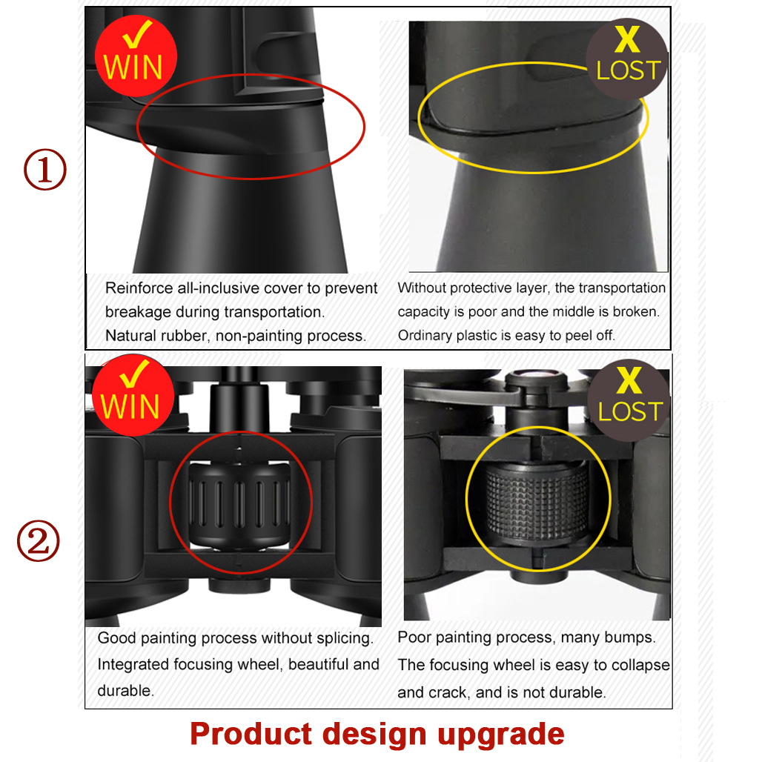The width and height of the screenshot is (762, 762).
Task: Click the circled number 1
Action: click(x=45, y=170)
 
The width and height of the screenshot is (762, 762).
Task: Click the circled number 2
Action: click(x=39, y=541)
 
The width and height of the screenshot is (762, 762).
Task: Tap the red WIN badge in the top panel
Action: click(x=136, y=56)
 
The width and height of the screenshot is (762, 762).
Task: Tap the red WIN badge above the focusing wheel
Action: click(x=133, y=395)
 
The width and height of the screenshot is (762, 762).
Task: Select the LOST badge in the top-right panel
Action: click(x=627, y=59)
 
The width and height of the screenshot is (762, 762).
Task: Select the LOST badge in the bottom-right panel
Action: click(x=629, y=400)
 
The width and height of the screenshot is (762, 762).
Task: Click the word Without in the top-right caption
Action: click(x=421, y=288)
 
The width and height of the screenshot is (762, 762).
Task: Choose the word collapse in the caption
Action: click(x=640, y=665)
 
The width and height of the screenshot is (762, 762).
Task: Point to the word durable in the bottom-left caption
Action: click(x=125, y=691)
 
